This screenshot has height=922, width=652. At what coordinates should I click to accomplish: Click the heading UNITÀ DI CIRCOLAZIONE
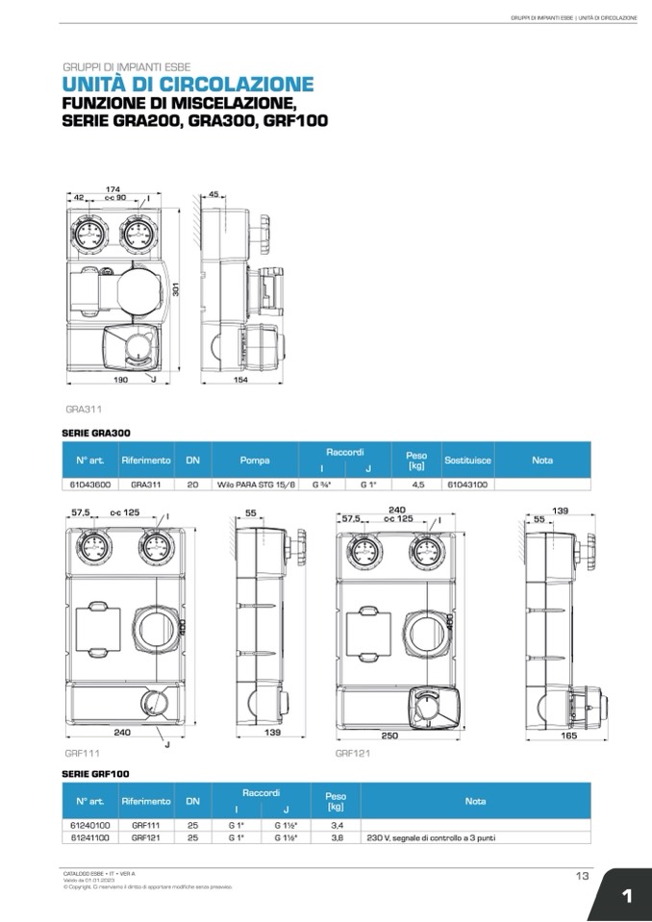(x=188, y=85)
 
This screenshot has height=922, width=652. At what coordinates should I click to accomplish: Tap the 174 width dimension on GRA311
(x=113, y=189)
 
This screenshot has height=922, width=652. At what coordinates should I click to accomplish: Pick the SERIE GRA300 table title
(x=95, y=434)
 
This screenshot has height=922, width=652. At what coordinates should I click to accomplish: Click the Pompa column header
(x=255, y=460)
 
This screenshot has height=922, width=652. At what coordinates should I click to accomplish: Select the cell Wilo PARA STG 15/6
(x=255, y=486)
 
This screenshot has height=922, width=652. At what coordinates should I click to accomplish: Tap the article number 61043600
(x=91, y=486)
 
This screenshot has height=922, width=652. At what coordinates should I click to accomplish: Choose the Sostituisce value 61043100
(x=467, y=486)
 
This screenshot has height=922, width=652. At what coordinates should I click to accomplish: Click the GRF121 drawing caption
(x=352, y=754)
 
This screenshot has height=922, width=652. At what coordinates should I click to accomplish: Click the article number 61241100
(x=91, y=837)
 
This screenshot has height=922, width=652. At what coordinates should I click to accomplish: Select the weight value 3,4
(x=337, y=825)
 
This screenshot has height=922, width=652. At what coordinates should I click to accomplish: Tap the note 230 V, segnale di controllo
(x=432, y=837)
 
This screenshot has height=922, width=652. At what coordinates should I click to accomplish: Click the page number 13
(x=583, y=875)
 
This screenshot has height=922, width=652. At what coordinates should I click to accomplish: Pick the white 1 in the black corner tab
(x=626, y=896)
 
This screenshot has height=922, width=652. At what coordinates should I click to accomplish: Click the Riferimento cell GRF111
(x=145, y=825)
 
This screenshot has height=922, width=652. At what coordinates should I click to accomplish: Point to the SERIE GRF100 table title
(x=95, y=773)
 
